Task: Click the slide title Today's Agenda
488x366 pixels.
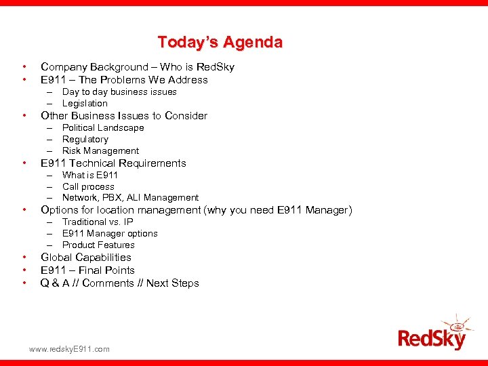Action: coord(220,42)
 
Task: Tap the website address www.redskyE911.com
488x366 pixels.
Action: coord(68,349)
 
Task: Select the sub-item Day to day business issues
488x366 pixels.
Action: coord(119,91)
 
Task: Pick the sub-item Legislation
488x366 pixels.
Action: coord(85,103)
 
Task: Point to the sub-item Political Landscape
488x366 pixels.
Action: coord(103,127)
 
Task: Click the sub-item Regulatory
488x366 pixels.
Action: coord(85,139)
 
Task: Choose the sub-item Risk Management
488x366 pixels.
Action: coord(100,150)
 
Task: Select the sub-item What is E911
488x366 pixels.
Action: coord(90,175)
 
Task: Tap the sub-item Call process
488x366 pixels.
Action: coord(88,186)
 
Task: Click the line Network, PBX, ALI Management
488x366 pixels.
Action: coord(130,198)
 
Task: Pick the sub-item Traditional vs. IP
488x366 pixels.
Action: coord(98,222)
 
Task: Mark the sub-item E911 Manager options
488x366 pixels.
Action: coord(110,233)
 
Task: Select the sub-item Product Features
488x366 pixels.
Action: coord(98,245)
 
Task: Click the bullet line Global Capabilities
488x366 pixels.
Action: coord(86,258)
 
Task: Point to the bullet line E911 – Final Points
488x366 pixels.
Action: coord(87,270)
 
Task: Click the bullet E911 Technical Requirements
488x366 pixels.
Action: coord(113,163)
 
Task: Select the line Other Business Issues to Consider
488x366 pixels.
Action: coord(124,116)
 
